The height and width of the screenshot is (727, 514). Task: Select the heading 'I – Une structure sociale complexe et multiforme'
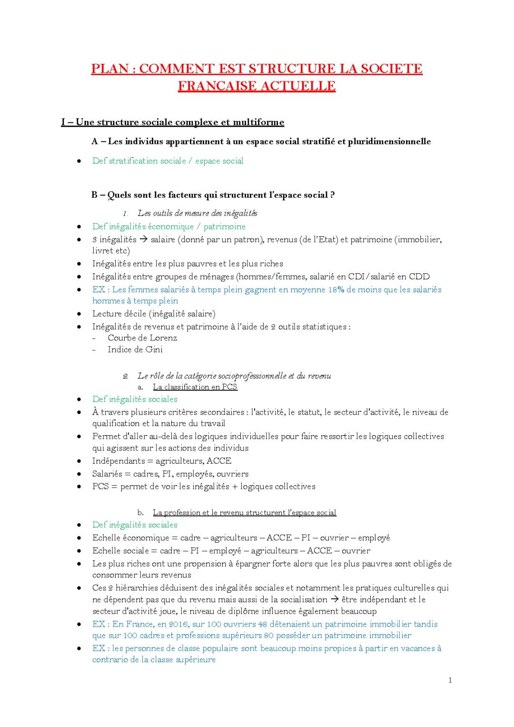(x=172, y=122)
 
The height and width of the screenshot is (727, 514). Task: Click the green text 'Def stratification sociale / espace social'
(x=168, y=161)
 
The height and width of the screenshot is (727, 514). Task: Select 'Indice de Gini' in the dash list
(x=135, y=349)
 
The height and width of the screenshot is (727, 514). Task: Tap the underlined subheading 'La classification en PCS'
(x=195, y=387)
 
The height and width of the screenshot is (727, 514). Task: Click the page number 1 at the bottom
(x=450, y=680)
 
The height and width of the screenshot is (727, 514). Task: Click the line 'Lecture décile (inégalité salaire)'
(x=154, y=314)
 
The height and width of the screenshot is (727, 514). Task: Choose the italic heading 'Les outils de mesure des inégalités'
(x=197, y=213)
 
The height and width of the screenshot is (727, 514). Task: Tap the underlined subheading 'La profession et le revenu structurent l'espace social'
(x=244, y=513)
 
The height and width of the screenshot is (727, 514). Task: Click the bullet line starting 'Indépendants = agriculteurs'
(x=162, y=461)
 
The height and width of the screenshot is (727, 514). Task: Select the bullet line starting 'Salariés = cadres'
(x=170, y=474)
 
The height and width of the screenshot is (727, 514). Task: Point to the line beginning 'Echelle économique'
(x=241, y=538)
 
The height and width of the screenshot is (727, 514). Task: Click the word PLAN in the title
(x=110, y=69)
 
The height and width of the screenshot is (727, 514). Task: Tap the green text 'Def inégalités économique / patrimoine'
(x=169, y=227)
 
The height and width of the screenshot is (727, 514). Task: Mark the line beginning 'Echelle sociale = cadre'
(x=231, y=551)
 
